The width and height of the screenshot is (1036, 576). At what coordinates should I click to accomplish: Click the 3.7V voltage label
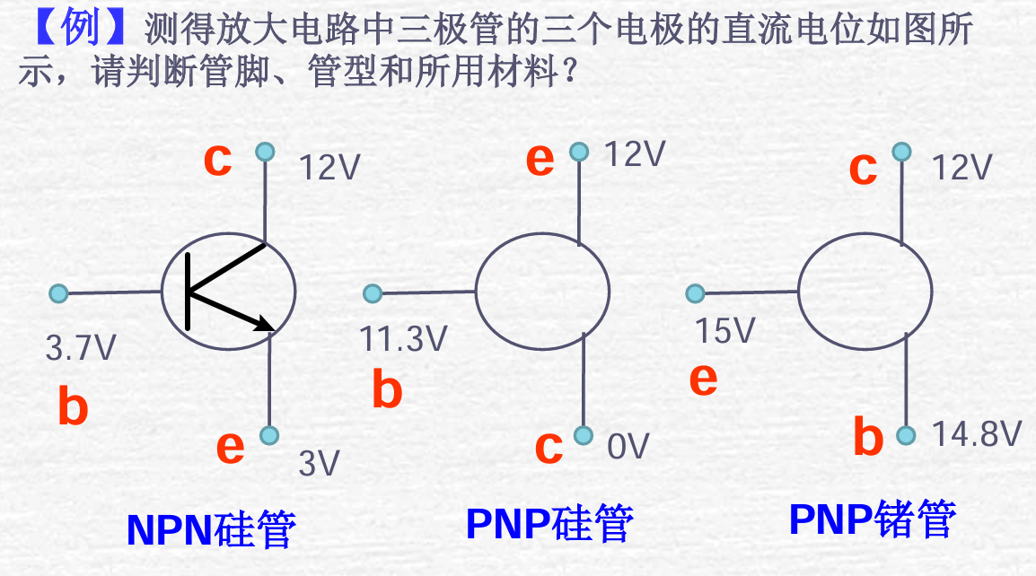click(81, 347)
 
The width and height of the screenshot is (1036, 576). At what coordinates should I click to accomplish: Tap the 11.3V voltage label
click(403, 338)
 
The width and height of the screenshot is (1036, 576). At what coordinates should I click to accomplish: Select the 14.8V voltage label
click(977, 435)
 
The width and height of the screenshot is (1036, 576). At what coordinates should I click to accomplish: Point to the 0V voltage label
click(628, 446)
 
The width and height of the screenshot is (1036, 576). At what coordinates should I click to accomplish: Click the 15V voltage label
click(726, 331)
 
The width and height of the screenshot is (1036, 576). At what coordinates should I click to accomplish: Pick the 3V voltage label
click(320, 464)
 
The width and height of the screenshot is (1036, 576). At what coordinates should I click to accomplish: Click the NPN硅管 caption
click(211, 530)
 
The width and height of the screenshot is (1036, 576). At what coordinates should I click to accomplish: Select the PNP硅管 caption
click(549, 524)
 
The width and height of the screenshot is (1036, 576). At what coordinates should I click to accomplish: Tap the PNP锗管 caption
click(873, 519)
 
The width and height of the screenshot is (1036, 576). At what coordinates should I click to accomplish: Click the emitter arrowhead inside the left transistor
click(266, 324)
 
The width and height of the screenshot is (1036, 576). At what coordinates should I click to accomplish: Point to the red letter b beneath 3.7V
click(73, 406)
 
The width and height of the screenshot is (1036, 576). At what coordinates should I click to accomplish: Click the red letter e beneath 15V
click(703, 380)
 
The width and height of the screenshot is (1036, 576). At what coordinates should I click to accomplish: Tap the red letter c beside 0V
click(549, 448)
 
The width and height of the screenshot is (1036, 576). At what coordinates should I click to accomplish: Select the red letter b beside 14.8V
click(867, 437)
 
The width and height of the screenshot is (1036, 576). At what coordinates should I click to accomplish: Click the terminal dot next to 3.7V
click(58, 293)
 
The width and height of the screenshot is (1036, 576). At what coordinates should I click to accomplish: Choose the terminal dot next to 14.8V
click(906, 435)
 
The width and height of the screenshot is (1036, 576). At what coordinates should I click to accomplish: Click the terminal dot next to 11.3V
click(373, 293)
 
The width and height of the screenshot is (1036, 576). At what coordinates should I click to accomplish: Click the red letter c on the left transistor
click(217, 160)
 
